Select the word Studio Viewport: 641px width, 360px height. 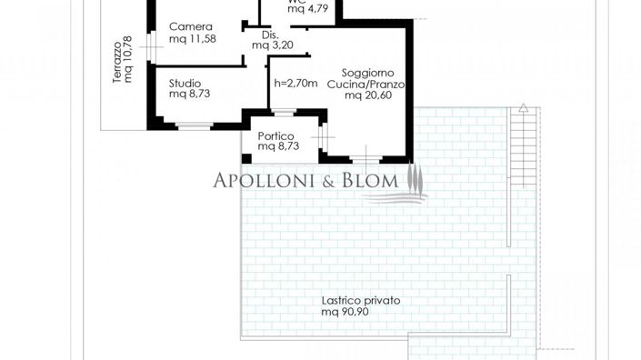click(x=185, y=83)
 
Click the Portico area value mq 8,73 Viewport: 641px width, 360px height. click(x=279, y=145)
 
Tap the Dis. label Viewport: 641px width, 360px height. click(x=268, y=35)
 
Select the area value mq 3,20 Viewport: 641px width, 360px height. click(x=273, y=45)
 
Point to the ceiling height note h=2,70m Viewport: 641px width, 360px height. click(x=295, y=83)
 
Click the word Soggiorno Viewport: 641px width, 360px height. click(x=368, y=72)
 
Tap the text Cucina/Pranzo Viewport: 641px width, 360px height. click(x=372, y=84)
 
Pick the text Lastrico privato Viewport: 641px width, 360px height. click(x=361, y=300)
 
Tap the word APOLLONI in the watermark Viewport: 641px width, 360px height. click(x=266, y=180)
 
